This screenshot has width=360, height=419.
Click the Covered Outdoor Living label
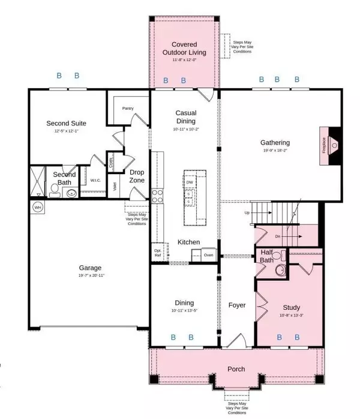click(184, 49)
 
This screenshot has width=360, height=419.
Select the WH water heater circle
click(37, 208)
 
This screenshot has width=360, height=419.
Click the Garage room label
click(91, 268)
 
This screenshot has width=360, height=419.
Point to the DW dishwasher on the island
click(190, 182)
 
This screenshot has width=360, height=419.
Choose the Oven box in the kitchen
click(208, 255)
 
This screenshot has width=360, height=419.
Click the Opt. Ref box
click(158, 252)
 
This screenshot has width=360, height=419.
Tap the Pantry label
click(127, 109)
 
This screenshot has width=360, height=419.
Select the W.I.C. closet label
click(95, 179)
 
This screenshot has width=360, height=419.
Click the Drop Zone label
click(136, 176)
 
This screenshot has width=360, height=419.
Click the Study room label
click(290, 307)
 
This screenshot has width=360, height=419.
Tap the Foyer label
click(237, 305)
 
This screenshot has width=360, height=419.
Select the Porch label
click(236, 369)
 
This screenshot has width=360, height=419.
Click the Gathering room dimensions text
click(275, 151)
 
